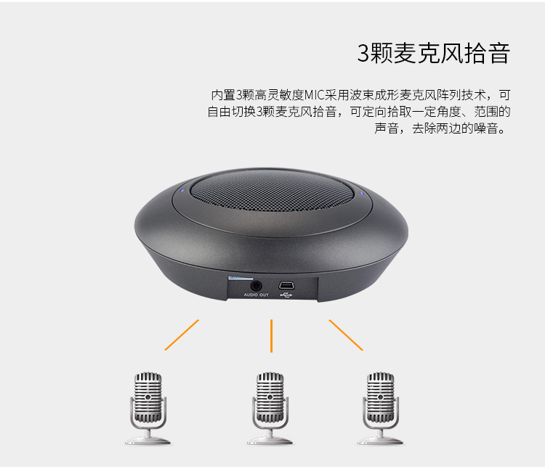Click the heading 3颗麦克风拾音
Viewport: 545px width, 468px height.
433,54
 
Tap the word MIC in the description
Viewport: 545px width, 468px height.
315,95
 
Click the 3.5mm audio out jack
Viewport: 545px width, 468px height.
257,286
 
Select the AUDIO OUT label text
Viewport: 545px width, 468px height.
257,295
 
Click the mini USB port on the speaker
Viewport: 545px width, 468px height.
286,285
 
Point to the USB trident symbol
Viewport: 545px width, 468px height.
286,295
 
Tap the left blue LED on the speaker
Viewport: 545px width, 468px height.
182,190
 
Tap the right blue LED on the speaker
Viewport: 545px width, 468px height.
362,194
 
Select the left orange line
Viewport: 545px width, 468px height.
182,334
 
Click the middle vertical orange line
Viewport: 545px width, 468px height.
272,336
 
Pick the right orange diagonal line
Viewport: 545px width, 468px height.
346,335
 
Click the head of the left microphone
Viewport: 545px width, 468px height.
148,397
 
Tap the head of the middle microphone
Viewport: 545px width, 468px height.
270,397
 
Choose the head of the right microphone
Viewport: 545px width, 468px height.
381,397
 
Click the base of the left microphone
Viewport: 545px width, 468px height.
148,441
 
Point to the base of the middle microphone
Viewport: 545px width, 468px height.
270,441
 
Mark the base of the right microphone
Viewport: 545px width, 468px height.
381,441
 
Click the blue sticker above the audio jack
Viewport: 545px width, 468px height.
241,278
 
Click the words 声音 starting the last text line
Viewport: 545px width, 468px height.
387,128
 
